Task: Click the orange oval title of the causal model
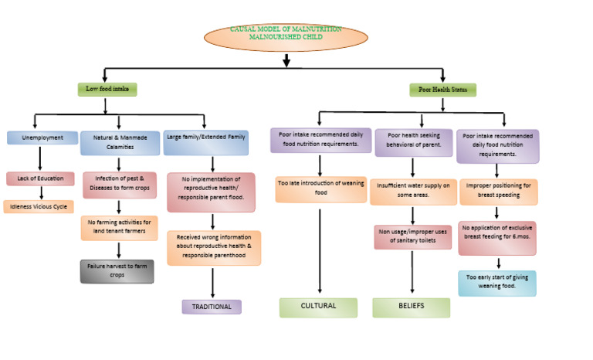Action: [286, 35]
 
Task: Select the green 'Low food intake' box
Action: [107, 90]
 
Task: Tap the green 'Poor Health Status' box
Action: [442, 90]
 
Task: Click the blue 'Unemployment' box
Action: [42, 138]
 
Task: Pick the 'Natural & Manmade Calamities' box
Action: [119, 142]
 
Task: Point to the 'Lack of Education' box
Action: [40, 178]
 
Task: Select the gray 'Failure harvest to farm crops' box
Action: [117, 271]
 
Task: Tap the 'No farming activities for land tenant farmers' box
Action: [119, 228]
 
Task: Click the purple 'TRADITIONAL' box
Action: [212, 307]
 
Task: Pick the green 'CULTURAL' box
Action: [318, 307]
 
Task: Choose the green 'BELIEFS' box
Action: [411, 307]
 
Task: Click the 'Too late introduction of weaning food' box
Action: [320, 188]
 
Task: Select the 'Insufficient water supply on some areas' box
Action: [412, 191]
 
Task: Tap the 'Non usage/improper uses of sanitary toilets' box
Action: [412, 236]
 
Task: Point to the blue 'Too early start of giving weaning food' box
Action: [497, 283]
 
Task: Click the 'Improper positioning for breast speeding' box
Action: [498, 191]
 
